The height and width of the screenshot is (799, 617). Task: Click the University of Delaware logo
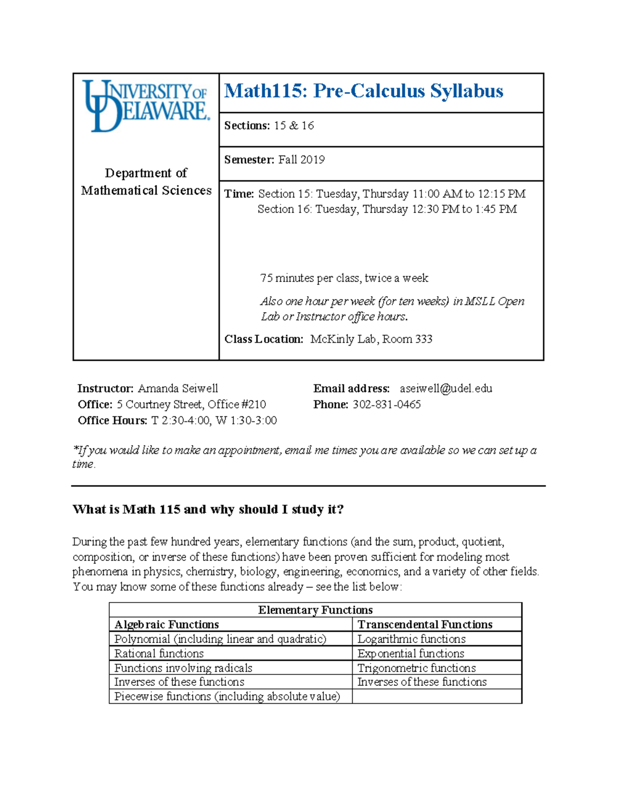point(146,106)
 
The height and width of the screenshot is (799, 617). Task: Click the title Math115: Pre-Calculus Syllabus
point(364,91)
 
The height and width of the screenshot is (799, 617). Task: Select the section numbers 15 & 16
point(294,126)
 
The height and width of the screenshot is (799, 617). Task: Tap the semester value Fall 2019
point(301,159)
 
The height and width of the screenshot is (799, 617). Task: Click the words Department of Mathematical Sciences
point(146,182)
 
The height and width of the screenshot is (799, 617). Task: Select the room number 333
point(424,339)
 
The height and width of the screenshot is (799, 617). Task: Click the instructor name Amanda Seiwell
point(178,388)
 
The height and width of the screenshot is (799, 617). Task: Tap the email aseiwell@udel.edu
point(446,388)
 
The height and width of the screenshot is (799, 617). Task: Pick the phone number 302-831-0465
point(387,404)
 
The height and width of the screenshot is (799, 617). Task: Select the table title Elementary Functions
point(315,610)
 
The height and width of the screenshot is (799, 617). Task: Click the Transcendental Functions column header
point(425,624)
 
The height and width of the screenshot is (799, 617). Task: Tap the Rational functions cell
point(159,653)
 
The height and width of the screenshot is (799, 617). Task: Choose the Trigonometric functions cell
point(416,668)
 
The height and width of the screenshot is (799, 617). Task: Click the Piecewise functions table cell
point(227,696)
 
